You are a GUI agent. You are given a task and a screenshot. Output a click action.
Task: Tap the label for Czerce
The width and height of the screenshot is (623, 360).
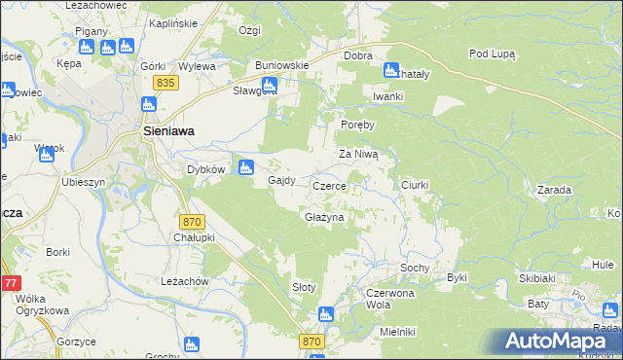tap(330, 185)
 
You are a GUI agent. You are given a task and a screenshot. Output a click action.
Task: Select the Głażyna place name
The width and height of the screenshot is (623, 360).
tap(324, 217)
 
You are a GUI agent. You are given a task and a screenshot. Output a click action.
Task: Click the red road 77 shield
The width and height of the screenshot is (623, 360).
tap(10, 283)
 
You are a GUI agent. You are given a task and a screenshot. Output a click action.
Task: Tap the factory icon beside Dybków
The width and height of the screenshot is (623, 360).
tap(246, 166)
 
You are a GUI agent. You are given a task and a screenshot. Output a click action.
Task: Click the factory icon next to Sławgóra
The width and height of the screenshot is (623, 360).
tap(272, 86)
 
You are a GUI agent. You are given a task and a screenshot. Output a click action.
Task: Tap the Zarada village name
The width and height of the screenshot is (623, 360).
tap(553, 190)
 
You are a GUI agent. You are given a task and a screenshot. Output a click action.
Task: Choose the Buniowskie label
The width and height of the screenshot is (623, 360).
tap(282, 65)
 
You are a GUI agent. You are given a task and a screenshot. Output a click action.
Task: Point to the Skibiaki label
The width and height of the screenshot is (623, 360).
tap(537, 278)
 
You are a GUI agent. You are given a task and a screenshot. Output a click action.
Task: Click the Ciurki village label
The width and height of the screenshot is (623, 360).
tap(415, 184)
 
